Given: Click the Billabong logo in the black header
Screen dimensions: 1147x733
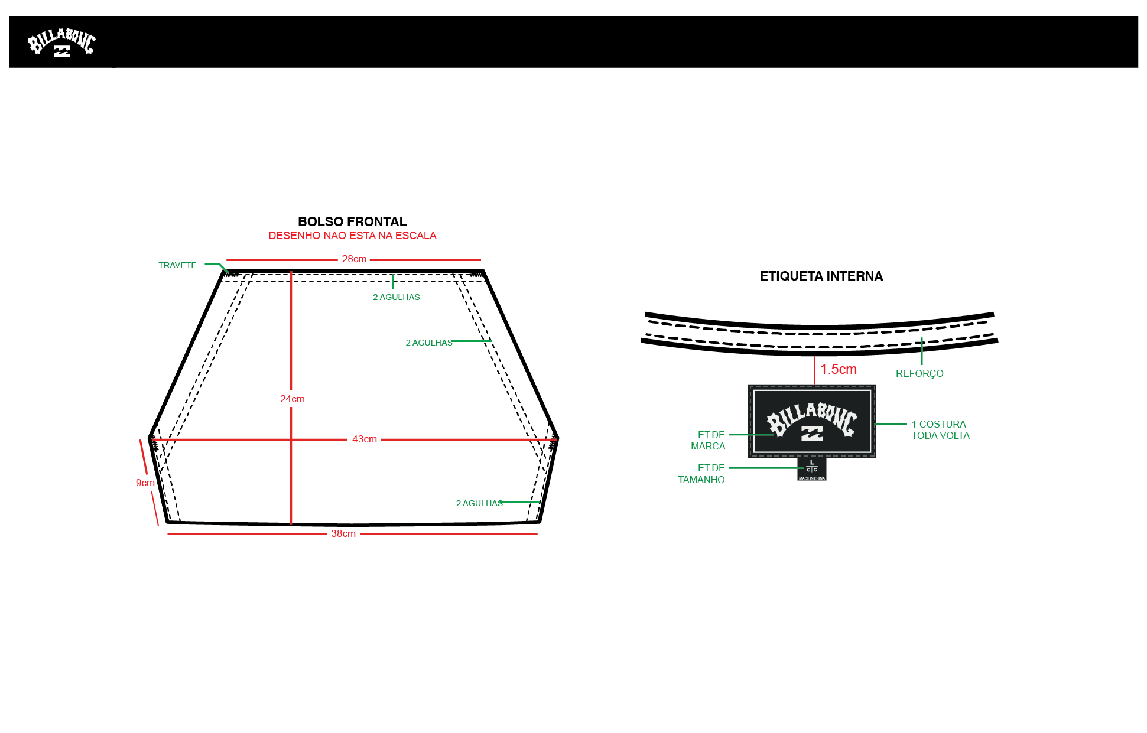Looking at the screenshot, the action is pyautogui.click(x=61, y=42).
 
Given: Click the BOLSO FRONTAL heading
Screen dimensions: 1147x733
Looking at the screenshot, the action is pyautogui.click(x=352, y=221).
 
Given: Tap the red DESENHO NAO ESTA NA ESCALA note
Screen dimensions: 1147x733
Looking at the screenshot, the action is pyautogui.click(x=352, y=236).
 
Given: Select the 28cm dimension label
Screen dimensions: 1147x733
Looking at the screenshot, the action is pyautogui.click(x=354, y=259).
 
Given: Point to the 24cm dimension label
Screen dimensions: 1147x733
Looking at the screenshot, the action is pyautogui.click(x=293, y=399).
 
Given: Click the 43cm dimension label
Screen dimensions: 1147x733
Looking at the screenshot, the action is pyautogui.click(x=365, y=439).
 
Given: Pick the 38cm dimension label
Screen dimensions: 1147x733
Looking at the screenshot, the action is pyautogui.click(x=343, y=533).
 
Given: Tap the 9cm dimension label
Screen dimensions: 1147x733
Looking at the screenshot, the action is pyautogui.click(x=145, y=483).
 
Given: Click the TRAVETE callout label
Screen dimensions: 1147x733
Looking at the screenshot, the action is pyautogui.click(x=177, y=265).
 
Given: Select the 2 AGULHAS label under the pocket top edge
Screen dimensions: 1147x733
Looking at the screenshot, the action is pyautogui.click(x=397, y=297).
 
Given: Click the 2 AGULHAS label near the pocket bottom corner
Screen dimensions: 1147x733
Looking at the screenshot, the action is pyautogui.click(x=479, y=503).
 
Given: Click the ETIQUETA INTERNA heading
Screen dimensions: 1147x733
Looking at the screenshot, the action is pyautogui.click(x=821, y=276).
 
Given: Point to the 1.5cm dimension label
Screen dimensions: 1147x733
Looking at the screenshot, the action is pyautogui.click(x=839, y=369).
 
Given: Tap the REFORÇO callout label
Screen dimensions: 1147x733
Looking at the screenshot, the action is pyautogui.click(x=919, y=373).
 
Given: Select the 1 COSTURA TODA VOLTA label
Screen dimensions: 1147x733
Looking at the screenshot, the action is pyautogui.click(x=940, y=429).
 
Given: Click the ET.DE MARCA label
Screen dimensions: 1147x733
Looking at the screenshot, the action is pyautogui.click(x=708, y=440).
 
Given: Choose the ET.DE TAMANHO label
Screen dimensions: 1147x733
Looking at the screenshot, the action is pyautogui.click(x=701, y=474).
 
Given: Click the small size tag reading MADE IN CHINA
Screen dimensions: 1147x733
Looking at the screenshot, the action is pyautogui.click(x=812, y=469).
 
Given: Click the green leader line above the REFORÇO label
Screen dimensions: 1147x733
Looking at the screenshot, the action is pyautogui.click(x=921, y=351).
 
